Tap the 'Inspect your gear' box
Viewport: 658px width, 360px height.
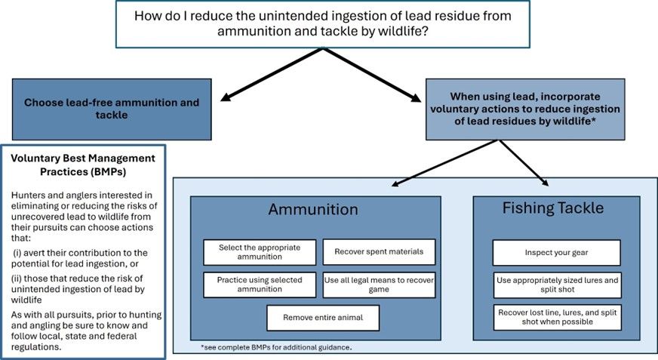pyautogui.click(x=556, y=252)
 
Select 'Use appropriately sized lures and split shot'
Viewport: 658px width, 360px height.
pyautogui.click(x=556, y=285)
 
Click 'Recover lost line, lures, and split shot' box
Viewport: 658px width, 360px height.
pyautogui.click(x=556, y=317)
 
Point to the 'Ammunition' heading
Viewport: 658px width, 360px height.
pyautogui.click(x=313, y=209)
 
